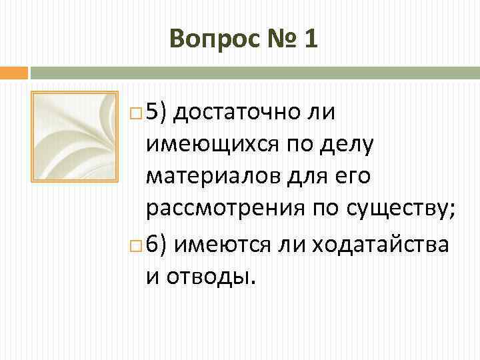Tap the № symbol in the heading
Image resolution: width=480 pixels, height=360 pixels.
[273, 39]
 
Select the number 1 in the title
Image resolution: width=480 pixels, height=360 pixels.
[310, 39]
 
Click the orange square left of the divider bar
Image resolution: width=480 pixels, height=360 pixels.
[13, 72]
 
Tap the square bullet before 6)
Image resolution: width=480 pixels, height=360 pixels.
[137, 245]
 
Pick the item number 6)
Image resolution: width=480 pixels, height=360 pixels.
[159, 244]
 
